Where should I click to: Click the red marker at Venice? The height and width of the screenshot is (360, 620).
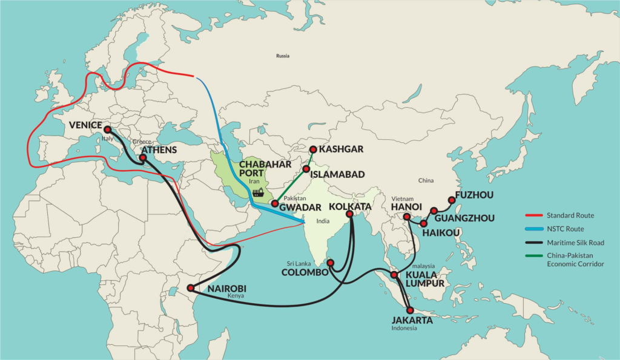coord(107,129)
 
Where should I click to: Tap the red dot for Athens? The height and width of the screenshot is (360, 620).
coord(143,158)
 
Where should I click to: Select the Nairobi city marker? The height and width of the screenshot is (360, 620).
coord(191,288)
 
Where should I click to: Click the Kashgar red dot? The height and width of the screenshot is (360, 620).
coord(313,149)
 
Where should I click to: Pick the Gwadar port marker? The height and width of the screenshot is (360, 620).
coord(274,204)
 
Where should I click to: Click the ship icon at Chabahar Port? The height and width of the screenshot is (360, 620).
coord(258,193)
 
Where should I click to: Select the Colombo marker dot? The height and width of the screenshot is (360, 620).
coord(331,263)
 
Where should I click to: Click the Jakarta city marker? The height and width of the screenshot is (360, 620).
coord(411,310)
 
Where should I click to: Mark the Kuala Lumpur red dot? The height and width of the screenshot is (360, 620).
coord(394,275)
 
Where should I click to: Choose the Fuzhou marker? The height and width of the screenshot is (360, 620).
coord(450,200)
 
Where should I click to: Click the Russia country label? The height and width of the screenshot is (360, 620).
coord(282,56)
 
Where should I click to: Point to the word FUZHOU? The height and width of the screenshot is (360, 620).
coord(474,195)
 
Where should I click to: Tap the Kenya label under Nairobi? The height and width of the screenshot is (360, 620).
coord(236,296)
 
